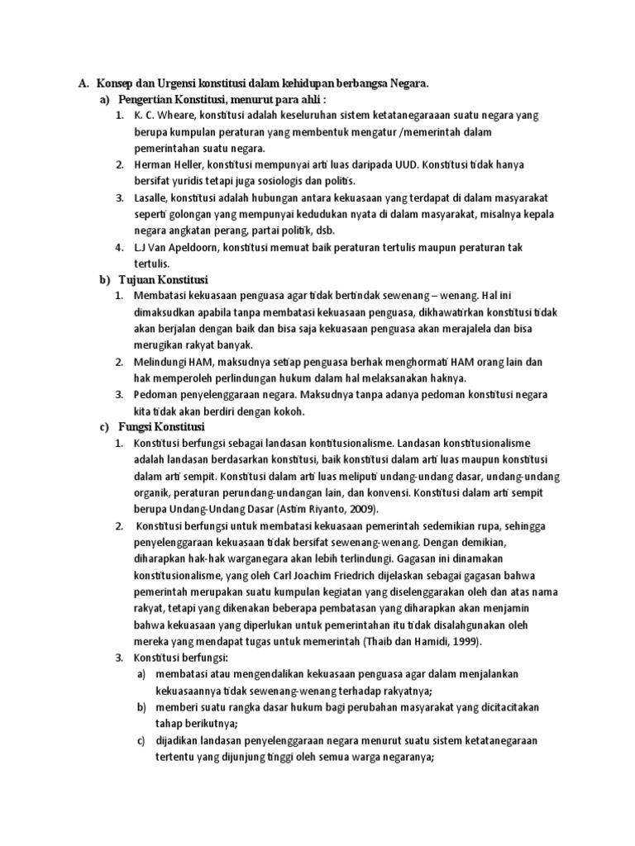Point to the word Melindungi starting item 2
pyautogui.click(x=162, y=362)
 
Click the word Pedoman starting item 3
pyautogui.click(x=156, y=395)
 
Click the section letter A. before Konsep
pyautogui.click(x=83, y=83)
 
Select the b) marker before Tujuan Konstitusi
pyautogui.click(x=104, y=279)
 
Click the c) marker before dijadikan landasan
pyautogui.click(x=141, y=741)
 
